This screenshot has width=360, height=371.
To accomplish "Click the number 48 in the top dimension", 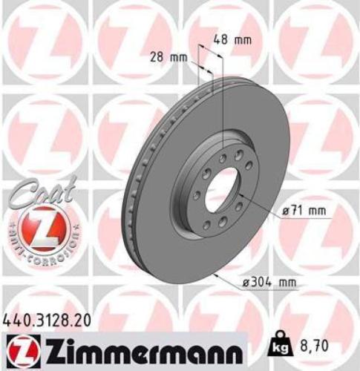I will point(222,40).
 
